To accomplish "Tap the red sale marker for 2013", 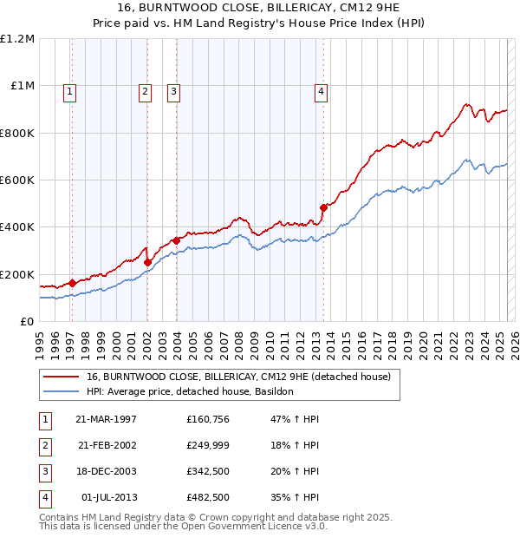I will [323, 207].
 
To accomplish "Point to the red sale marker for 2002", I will [147, 262].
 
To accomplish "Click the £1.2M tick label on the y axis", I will [17, 39].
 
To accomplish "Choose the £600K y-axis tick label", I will [17, 180].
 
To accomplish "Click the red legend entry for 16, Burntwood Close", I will [238, 377].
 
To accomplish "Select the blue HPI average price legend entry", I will [190, 391].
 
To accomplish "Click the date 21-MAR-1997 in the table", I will [107, 419].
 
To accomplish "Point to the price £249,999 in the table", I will [207, 445].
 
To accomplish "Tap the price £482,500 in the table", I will [207, 497].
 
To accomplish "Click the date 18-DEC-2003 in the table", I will [107, 471].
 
